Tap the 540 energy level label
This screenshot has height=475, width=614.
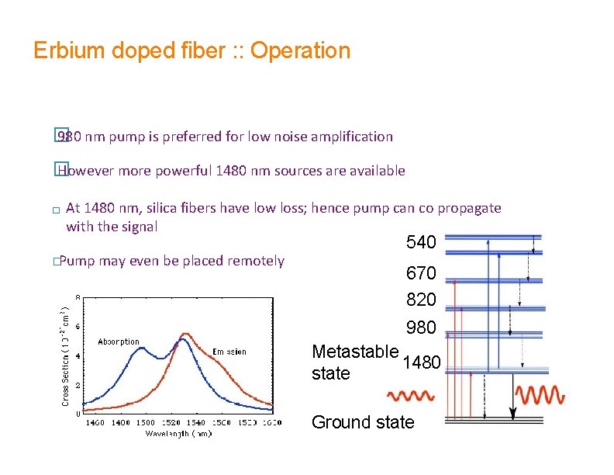click(421, 243)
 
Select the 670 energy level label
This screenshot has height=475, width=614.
click(421, 273)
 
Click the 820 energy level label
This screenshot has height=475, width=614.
click(421, 300)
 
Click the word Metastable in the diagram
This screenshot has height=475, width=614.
click(355, 352)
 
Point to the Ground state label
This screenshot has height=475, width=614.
click(362, 422)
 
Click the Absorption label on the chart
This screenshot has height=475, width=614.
click(119, 342)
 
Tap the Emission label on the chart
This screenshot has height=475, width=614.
click(229, 352)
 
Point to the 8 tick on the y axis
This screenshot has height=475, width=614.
click(77, 296)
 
